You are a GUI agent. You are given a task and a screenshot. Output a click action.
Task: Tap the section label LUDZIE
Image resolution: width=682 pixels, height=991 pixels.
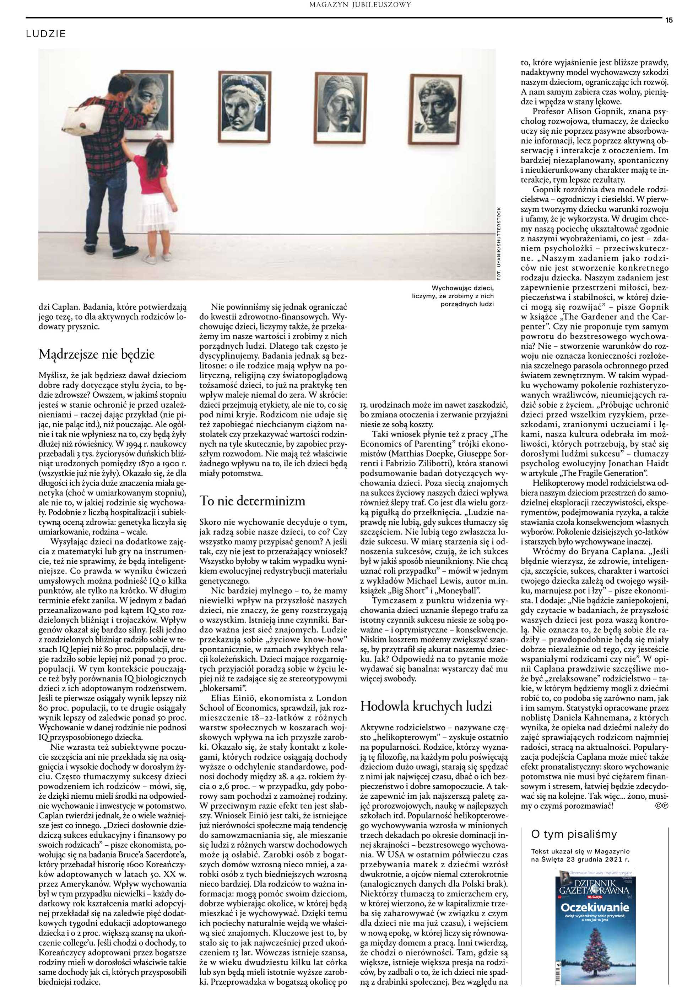pyautogui.click(x=46, y=34)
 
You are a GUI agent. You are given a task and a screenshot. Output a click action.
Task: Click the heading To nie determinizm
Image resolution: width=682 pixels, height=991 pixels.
pyautogui.click(x=253, y=500)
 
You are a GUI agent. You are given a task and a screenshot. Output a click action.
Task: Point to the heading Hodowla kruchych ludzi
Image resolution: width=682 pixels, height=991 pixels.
pyautogui.click(x=426, y=706)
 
